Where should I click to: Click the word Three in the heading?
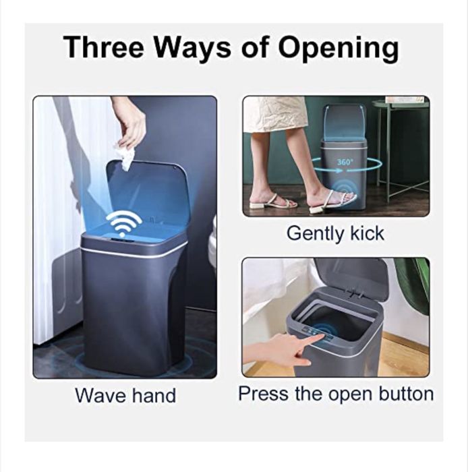pyautogui.click(x=104, y=48)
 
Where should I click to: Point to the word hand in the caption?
pyautogui.click(x=154, y=395)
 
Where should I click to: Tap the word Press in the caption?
pyautogui.click(x=263, y=393)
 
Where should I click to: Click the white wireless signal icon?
pyautogui.click(x=123, y=222)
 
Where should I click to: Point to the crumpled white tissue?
pyautogui.click(x=124, y=156)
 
